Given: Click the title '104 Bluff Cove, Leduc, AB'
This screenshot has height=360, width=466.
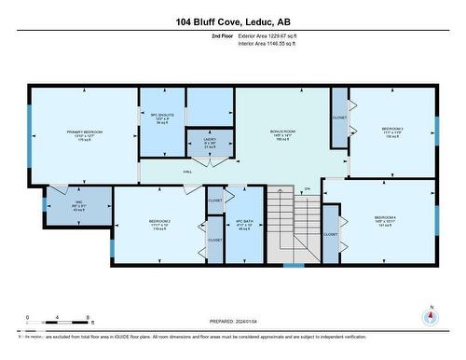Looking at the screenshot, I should (232, 21).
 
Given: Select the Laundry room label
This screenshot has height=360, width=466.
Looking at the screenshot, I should (210, 144).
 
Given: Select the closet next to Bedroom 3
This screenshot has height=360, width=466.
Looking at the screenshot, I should (338, 118).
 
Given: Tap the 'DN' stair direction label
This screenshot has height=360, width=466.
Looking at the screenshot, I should (306, 189).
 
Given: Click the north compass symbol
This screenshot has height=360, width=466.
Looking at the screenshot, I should (430, 316).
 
